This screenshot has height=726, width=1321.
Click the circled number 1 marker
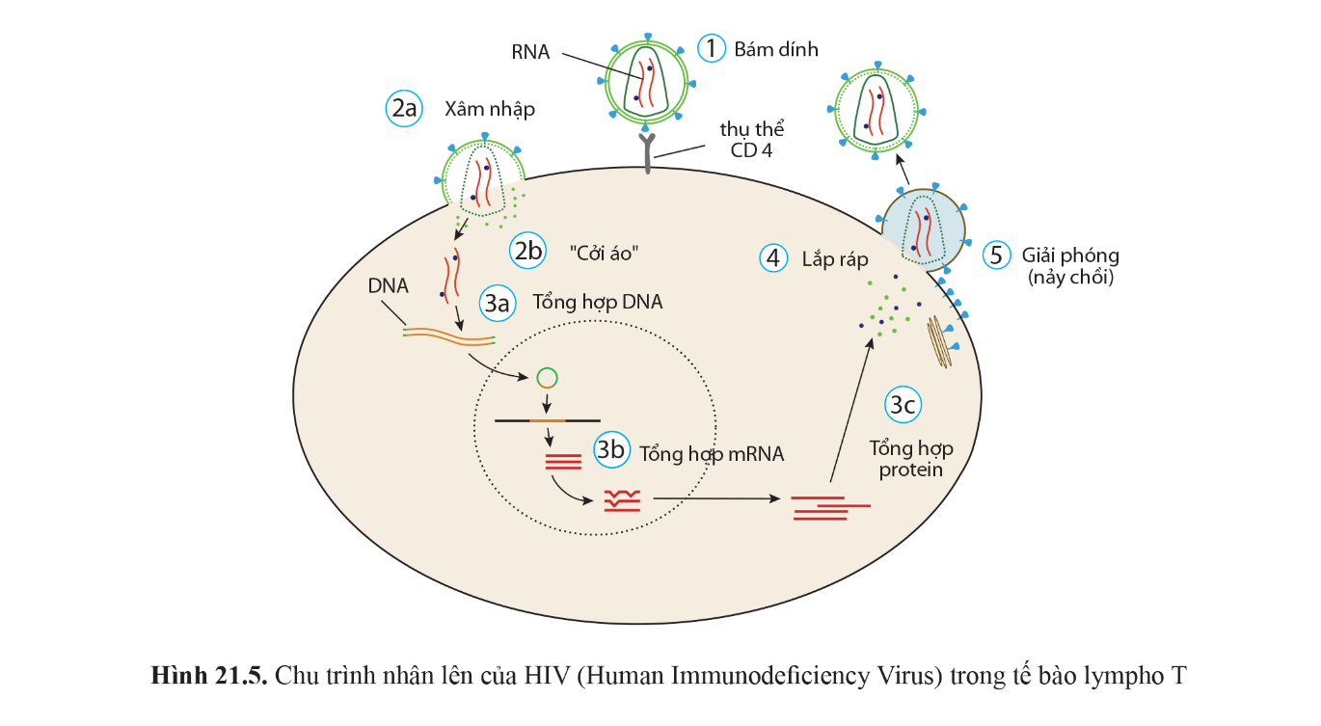712,48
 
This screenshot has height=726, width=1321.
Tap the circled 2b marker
528,252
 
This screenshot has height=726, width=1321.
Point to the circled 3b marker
611,450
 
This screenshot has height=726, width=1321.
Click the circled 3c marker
903,406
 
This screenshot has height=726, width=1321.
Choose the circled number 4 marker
772,257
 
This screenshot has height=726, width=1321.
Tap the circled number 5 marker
997,255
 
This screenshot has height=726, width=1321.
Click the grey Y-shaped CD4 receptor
647,154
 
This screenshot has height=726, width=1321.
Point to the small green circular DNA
547,378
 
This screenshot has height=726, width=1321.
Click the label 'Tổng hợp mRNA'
712,453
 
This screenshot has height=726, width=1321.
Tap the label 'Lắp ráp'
835,258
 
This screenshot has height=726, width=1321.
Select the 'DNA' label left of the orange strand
388,286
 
